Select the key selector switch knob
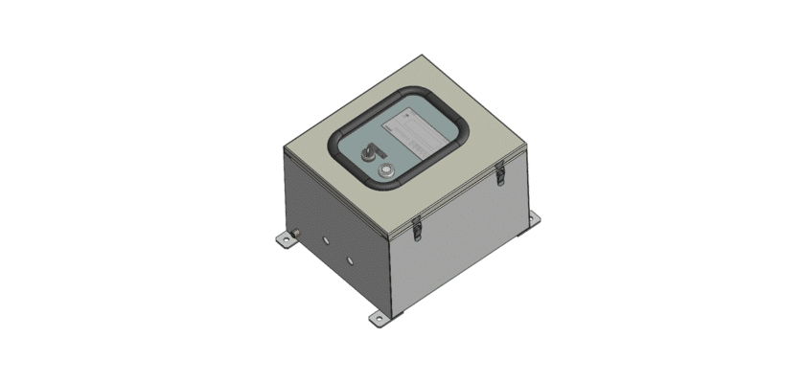tap(367, 152)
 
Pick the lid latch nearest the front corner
tap(417, 225)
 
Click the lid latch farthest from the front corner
tap(498, 173)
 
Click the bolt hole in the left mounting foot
tap(284, 239)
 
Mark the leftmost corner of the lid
tap(287, 146)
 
